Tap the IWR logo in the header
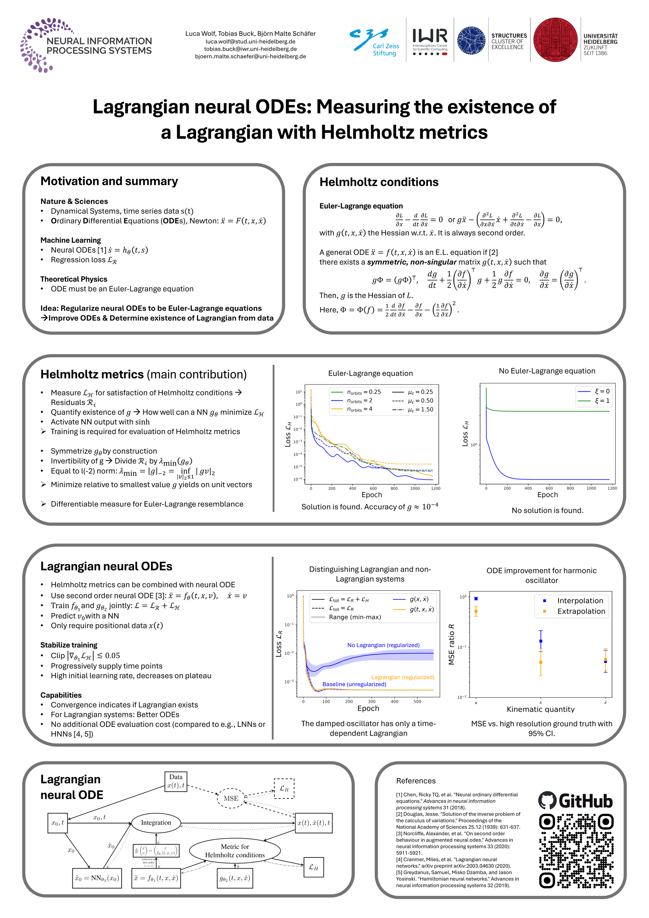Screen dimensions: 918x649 (430, 40)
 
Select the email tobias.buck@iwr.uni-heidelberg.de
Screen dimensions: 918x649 (250, 49)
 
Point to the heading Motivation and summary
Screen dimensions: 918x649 (109, 181)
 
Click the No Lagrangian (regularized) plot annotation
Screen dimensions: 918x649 (383, 645)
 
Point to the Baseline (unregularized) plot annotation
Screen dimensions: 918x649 (354, 684)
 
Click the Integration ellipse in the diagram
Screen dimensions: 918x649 (156, 823)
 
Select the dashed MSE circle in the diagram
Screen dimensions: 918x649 (231, 798)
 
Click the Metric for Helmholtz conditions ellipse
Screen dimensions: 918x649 (235, 851)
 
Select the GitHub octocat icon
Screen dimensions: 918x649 (547, 801)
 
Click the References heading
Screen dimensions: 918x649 (416, 781)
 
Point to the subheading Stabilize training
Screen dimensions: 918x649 (69, 645)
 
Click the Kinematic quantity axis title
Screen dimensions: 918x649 (541, 709)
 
